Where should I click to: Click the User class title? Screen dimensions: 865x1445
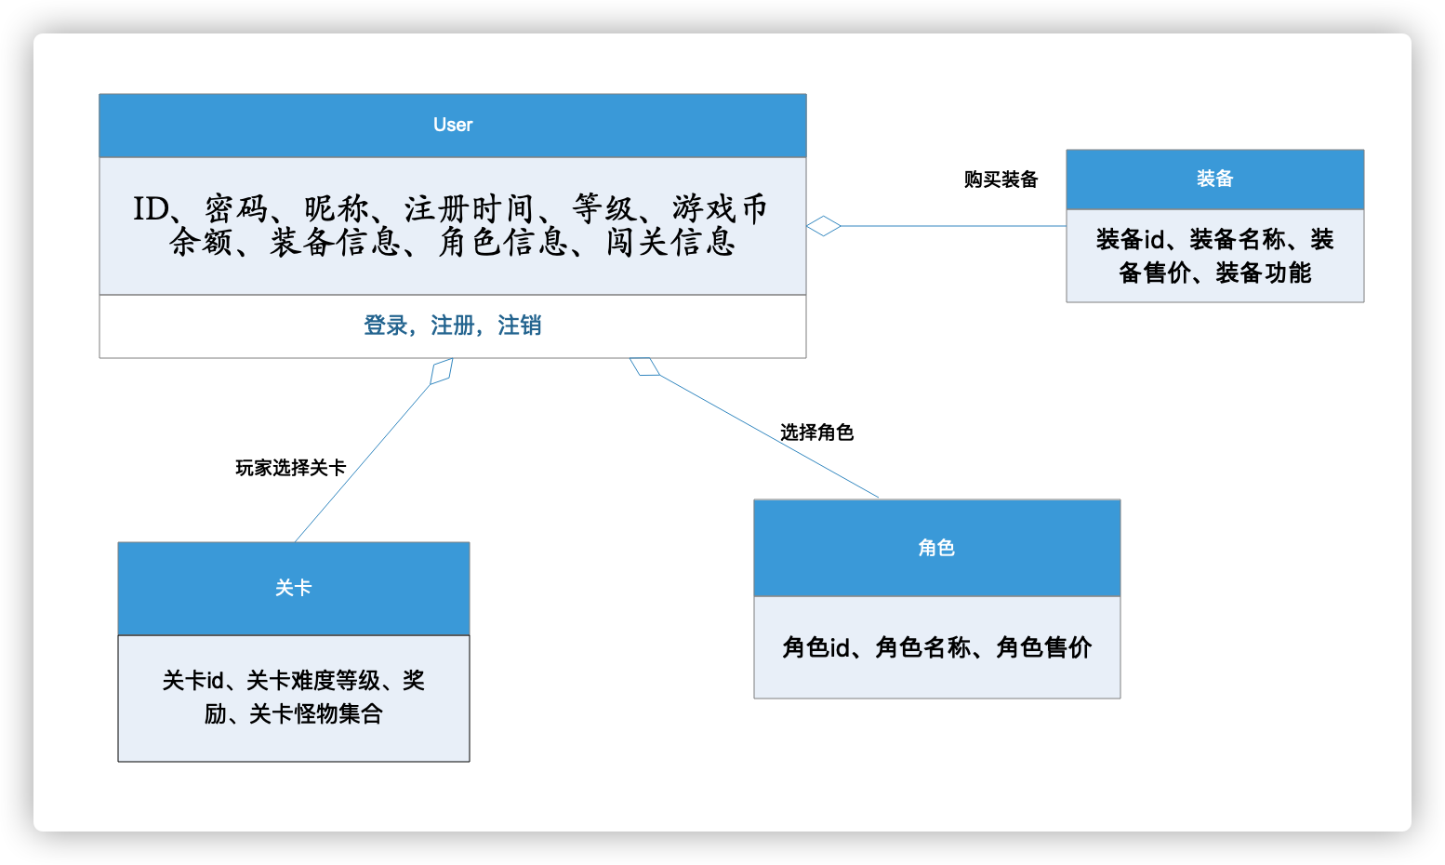[453, 125]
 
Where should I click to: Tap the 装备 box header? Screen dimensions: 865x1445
[1214, 179]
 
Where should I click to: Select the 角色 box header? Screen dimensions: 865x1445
[936, 548]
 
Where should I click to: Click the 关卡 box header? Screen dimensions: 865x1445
[293, 588]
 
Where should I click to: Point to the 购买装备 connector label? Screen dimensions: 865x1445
[1001, 180]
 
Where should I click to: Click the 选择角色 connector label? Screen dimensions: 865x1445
[816, 432]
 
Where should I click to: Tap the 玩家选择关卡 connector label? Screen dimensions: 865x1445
[290, 468]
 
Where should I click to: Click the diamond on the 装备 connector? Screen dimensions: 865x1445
[824, 226]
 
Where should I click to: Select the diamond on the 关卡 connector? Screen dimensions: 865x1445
[442, 371]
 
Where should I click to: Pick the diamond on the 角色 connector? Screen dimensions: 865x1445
[644, 366]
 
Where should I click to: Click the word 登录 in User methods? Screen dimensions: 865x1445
[385, 326]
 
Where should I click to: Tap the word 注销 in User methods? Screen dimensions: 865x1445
[520, 326]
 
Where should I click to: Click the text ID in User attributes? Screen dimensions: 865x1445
[150, 209]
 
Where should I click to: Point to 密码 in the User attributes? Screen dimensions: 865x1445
[236, 209]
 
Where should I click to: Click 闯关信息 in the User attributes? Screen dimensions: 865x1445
[670, 243]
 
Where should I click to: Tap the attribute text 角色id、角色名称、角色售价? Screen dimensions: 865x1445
[936, 647]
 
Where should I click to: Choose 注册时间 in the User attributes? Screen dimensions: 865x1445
[469, 209]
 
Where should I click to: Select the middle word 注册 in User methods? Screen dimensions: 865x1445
[453, 326]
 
